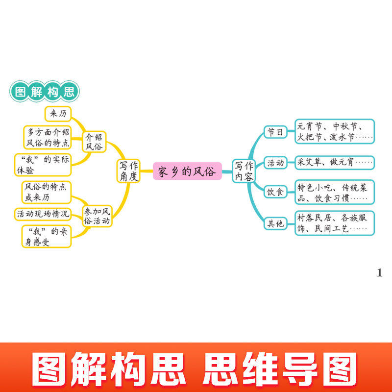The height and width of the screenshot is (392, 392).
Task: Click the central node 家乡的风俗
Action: tap(187, 171)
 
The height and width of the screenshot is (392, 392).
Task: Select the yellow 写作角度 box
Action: tap(129, 171)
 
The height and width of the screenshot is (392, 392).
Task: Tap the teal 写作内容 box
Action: tap(244, 171)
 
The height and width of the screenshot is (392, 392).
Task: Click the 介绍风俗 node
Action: tap(95, 141)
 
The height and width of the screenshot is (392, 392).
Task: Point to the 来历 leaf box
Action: tap(58, 114)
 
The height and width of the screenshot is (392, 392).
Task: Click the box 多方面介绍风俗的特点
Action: tap(47, 138)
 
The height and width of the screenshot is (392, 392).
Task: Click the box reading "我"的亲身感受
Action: tap(46, 237)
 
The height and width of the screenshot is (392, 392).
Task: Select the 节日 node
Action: tap(274, 132)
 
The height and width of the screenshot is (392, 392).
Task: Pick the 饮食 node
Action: tap(274, 192)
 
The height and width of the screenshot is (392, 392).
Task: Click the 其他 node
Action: tap(274, 224)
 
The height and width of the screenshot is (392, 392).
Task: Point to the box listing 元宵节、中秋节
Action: tap(335, 131)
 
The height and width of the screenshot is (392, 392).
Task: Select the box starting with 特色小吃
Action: tap(335, 192)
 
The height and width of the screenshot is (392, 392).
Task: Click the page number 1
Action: tap(379, 273)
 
